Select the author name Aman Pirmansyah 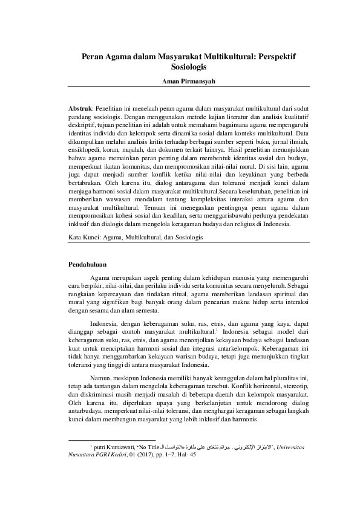pyautogui.click(x=180, y=80)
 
